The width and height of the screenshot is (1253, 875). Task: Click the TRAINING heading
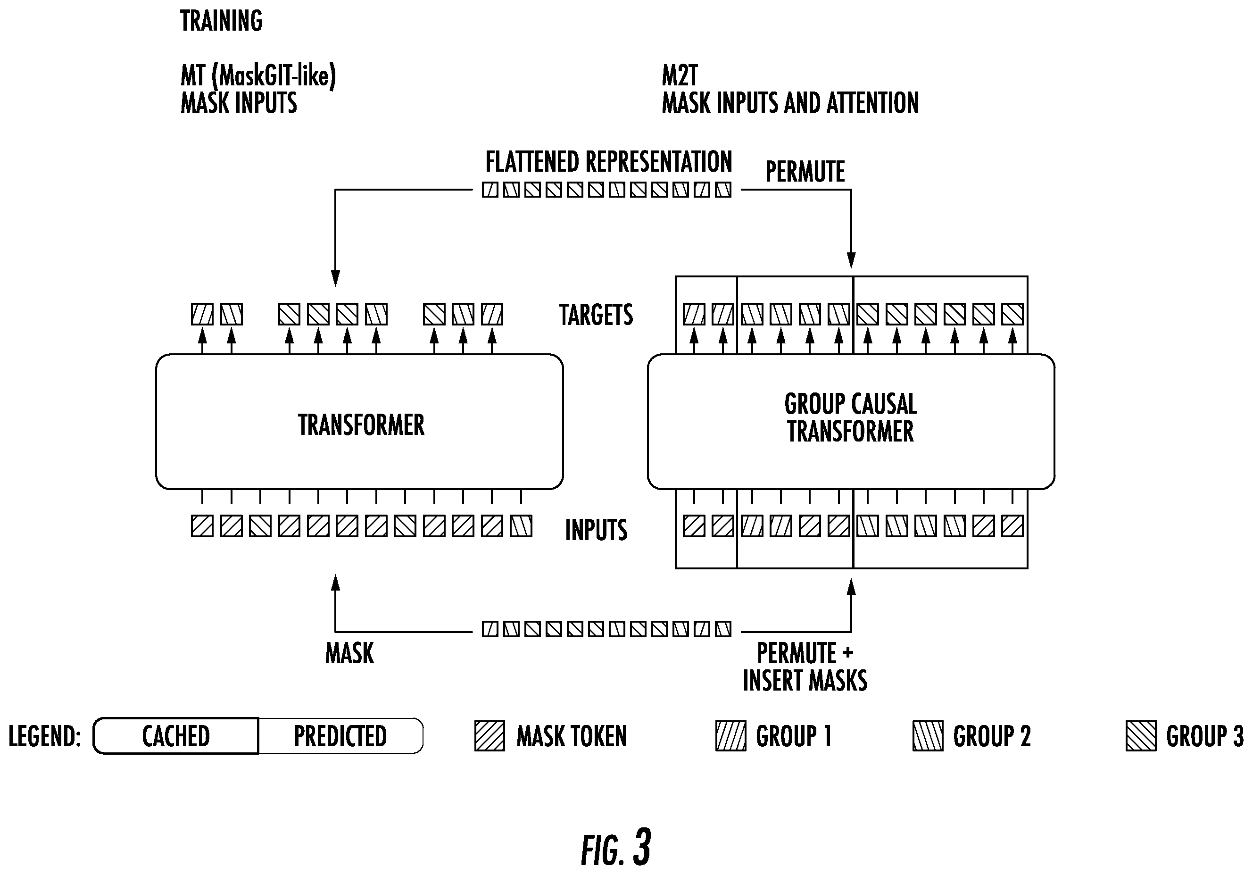(x=221, y=21)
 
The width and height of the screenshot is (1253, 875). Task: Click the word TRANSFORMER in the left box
(x=361, y=425)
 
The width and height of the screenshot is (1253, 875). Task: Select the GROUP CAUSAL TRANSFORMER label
(x=851, y=417)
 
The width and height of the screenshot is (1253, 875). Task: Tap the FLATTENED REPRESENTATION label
(x=608, y=162)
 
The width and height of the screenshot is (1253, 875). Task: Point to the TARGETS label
(x=596, y=315)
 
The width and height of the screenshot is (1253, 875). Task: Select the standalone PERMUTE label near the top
(x=805, y=171)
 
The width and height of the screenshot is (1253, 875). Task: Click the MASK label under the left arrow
(x=349, y=653)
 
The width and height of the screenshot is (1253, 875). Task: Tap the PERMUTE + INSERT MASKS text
(x=805, y=667)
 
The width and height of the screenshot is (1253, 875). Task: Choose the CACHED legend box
(x=176, y=736)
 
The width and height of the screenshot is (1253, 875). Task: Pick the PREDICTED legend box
(x=340, y=736)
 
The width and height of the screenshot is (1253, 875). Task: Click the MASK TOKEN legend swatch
(x=490, y=736)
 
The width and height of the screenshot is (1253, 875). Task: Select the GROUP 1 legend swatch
(x=731, y=736)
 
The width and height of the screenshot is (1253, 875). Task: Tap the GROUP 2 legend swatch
(x=928, y=736)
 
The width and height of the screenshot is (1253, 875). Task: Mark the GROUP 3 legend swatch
(x=1141, y=736)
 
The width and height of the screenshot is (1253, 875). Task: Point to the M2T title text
(x=680, y=75)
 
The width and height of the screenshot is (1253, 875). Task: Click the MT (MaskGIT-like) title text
(x=258, y=75)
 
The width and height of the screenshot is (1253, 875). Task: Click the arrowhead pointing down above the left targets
(x=336, y=278)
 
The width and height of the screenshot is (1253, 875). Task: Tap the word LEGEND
(x=44, y=736)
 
